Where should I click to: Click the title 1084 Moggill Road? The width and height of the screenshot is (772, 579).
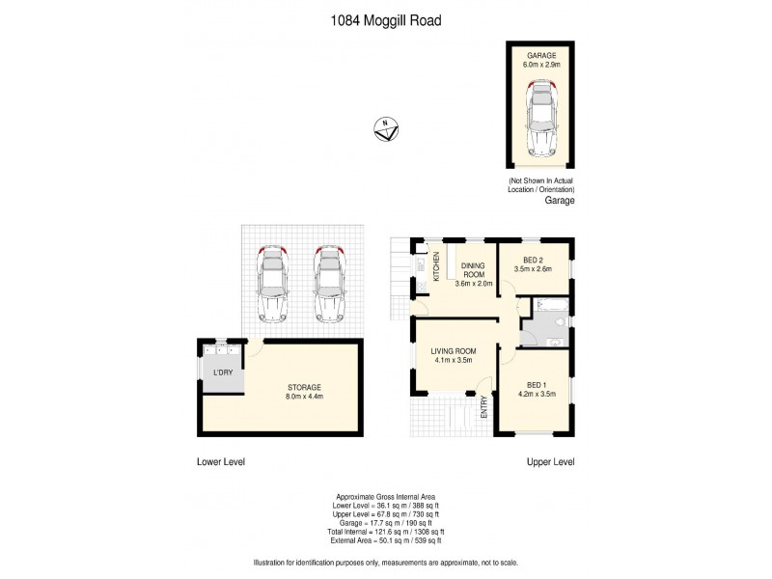click(385, 19)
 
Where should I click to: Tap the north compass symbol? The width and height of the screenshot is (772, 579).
click(386, 128)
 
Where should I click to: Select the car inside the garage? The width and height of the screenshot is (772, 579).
click(541, 119)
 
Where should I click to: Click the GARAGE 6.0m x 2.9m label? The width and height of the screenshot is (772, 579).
click(541, 59)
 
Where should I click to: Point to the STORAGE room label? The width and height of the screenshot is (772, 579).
click(304, 391)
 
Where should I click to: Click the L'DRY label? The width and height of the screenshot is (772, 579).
click(222, 372)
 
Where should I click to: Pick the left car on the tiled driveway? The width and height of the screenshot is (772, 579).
click(273, 284)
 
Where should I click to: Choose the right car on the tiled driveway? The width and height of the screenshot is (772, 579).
click(329, 284)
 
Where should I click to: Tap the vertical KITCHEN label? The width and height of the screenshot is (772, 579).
click(436, 266)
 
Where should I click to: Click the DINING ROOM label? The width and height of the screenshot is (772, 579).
click(473, 274)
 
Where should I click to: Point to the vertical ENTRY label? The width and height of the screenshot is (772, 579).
click(484, 408)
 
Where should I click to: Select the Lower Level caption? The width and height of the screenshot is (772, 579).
click(220, 462)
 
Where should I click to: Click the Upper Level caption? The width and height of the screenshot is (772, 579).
click(550, 462)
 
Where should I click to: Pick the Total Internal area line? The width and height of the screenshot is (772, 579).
click(385, 532)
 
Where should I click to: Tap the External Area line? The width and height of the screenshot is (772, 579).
click(385, 541)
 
